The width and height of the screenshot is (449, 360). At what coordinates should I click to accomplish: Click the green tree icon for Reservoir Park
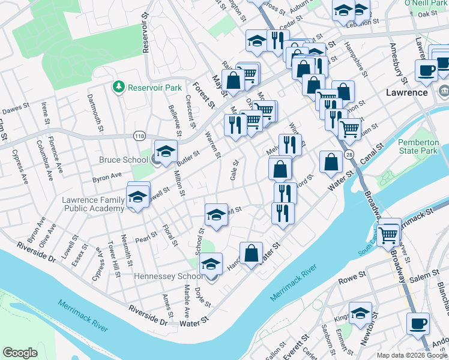pos(118,88)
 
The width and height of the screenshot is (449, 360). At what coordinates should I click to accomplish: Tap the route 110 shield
pos(140,137)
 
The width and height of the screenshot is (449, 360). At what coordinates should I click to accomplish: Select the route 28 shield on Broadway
pos(350,155)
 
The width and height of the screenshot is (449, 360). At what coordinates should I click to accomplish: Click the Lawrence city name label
pos(406,93)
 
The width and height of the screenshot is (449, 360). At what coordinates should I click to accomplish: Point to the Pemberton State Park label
pos(418,147)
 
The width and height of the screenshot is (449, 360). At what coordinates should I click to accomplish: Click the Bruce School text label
pos(124,160)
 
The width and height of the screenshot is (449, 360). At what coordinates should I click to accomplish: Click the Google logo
pos(20,353)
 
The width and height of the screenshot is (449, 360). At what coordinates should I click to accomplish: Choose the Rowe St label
pos(352,278)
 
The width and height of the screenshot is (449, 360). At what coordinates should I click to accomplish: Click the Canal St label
pos(372,155)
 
